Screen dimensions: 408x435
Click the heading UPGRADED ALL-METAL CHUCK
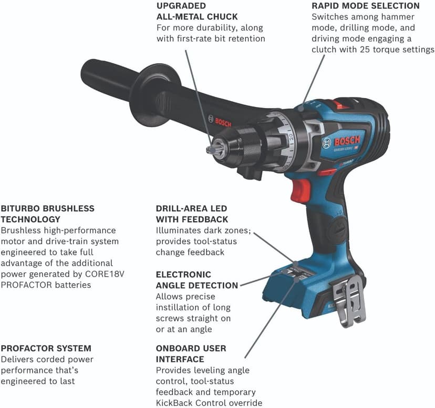point(197,11)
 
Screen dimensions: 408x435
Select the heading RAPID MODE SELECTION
point(365,6)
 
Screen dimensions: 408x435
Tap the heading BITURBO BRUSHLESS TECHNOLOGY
point(47,214)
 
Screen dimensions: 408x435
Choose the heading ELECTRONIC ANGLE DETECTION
point(196,280)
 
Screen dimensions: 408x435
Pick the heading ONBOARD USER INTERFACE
point(191,354)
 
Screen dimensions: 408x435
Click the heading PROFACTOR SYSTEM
point(46,349)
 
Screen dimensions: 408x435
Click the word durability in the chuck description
point(217,27)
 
